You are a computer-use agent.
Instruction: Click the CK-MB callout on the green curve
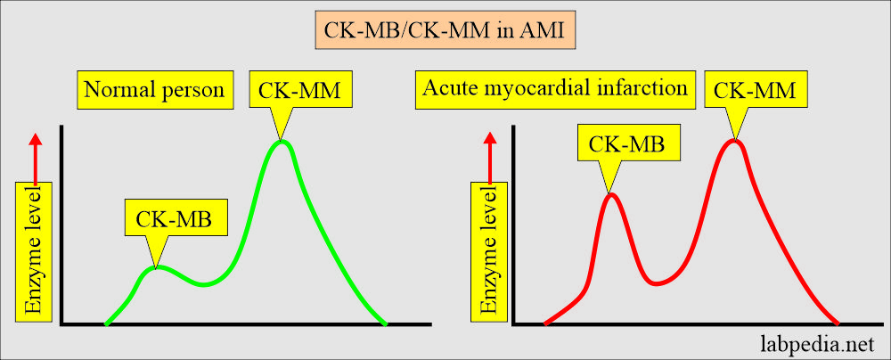[x=173, y=219]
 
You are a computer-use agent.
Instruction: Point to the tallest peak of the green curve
[x=282, y=141]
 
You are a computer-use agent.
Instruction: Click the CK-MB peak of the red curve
[x=610, y=194]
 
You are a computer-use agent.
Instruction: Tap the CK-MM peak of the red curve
[x=734, y=140]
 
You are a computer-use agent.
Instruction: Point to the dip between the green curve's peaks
[x=204, y=284]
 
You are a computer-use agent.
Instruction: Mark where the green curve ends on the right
[x=385, y=323]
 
